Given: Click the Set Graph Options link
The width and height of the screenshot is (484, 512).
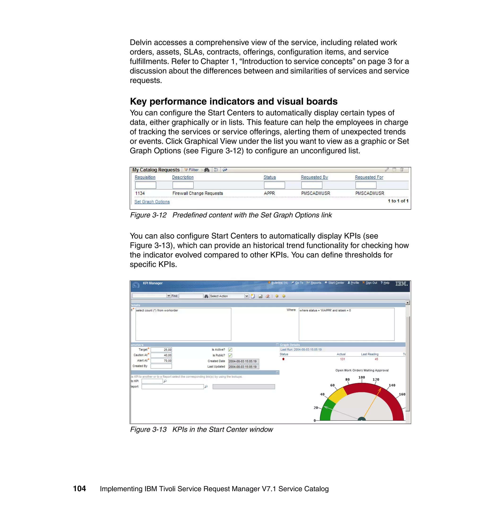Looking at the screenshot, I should [152, 202].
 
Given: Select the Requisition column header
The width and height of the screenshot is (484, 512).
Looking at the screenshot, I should [145, 177].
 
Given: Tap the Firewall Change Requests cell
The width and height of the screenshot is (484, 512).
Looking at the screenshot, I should [198, 193].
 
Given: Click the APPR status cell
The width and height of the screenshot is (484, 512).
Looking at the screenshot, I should [269, 193].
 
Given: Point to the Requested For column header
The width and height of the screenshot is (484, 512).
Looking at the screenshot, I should [369, 177].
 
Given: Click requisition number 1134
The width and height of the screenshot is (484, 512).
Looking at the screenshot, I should [140, 193].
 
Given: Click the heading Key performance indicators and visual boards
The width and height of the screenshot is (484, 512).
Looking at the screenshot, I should [233, 101].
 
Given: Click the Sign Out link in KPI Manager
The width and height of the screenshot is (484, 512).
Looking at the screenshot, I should [371, 283].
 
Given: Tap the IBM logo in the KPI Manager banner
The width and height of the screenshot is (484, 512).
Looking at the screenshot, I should [401, 284].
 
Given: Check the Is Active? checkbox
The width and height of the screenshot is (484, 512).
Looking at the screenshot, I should [230, 350].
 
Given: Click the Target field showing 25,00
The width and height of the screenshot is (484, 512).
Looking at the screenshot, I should [161, 350].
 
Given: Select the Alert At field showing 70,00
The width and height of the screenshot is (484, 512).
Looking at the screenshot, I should [161, 361].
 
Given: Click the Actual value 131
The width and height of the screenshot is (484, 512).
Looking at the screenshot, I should [342, 359].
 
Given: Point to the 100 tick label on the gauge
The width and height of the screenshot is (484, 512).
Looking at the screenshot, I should [362, 377].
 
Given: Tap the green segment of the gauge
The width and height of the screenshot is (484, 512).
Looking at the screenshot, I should [327, 410].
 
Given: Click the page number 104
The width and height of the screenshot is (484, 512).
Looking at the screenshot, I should [79, 489].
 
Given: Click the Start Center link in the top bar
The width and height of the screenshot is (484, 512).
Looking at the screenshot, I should [336, 283].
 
